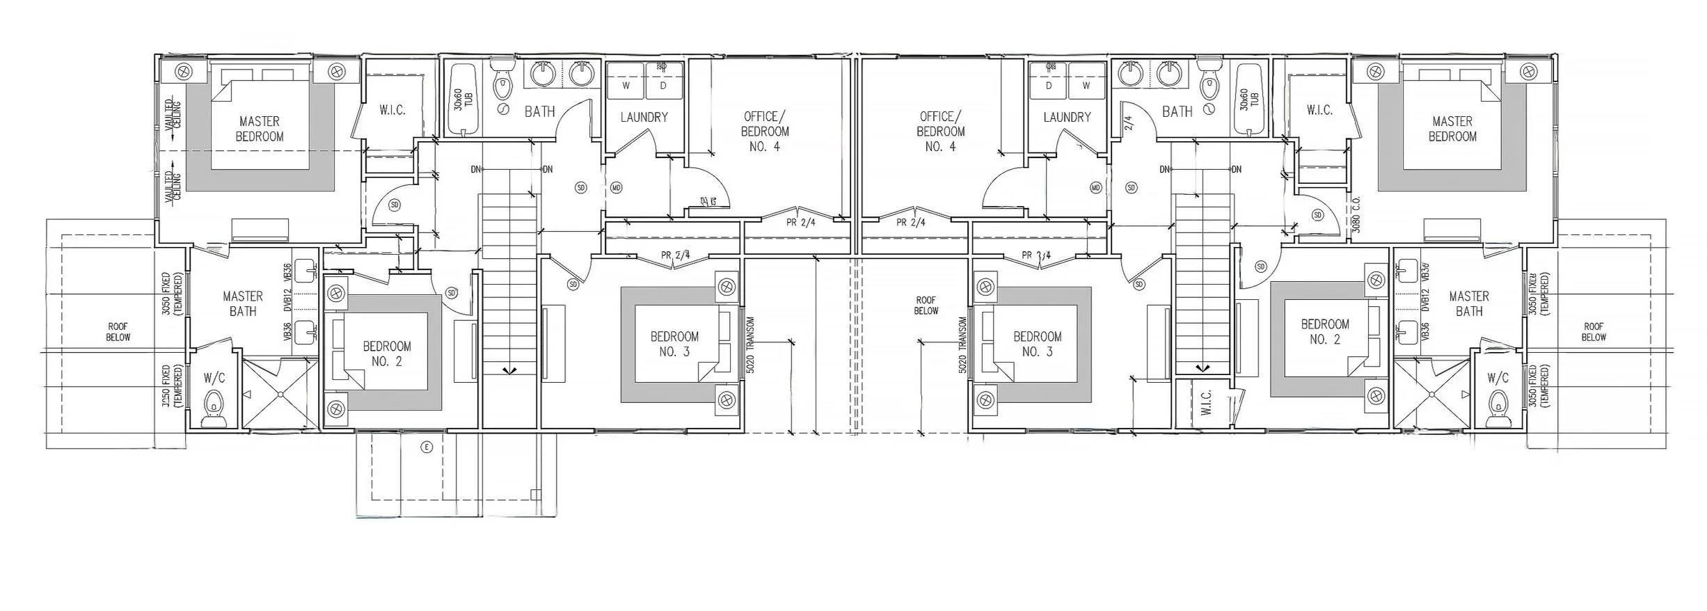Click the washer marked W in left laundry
coord(626,86)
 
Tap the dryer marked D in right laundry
coord(1048,86)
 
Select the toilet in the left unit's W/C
coord(214,405)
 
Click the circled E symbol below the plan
coord(427,447)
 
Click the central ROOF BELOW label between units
coord(926,305)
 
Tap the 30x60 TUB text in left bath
coord(459,108)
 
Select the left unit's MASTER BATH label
coord(243,303)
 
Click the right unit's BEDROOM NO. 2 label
coord(1325,331)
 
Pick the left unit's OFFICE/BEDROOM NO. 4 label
coord(765,131)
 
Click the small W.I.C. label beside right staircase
coord(1206,402)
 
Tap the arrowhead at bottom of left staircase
coord(511,370)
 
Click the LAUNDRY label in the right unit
coord(1067,117)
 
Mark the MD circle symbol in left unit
coord(616,188)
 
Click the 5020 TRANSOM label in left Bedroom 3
coord(750,346)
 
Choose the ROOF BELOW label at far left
coord(118,331)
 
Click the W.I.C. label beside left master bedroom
coord(392,110)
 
